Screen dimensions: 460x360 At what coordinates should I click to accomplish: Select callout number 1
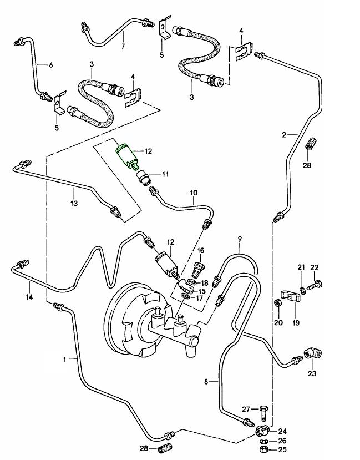pos(65,360)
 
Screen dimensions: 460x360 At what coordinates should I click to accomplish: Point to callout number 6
pos(51,65)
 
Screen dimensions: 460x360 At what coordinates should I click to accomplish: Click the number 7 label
pos(123,46)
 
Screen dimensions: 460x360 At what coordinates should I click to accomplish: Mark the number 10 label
pos(194,193)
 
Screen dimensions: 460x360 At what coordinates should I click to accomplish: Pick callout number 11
pos(165,174)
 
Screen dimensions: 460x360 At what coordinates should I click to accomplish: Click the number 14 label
pos(29,297)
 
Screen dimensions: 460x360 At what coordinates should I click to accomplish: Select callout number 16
pos(201,251)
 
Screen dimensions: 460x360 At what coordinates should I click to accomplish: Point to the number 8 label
pos(206,382)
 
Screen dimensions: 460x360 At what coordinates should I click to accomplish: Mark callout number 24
pos(282,431)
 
